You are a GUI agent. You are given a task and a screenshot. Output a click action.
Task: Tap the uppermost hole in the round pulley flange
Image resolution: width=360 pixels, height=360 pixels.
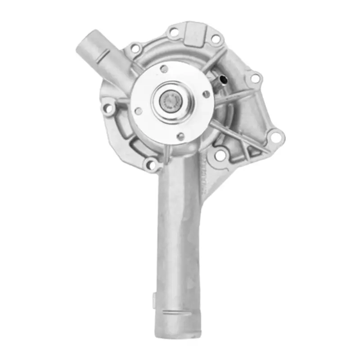pyautogui.click(x=164, y=69)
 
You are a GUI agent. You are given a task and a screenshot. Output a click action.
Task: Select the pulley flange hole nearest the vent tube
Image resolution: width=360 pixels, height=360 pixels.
pyautogui.click(x=207, y=94)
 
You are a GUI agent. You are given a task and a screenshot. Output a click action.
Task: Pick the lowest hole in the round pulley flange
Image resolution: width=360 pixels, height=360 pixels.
pyautogui.click(x=180, y=136)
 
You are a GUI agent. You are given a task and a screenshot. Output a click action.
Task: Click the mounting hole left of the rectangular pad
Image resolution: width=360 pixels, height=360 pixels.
pyautogui.click(x=173, y=32)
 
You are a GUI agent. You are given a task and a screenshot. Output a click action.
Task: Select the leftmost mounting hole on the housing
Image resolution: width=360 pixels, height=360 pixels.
pyautogui.click(x=108, y=108)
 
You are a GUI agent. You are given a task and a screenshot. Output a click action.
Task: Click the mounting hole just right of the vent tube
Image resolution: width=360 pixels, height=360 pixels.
pyautogui.click(x=255, y=79)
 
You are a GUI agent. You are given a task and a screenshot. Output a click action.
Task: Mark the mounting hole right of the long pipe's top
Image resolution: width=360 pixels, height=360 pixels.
pyautogui.click(x=220, y=155)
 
